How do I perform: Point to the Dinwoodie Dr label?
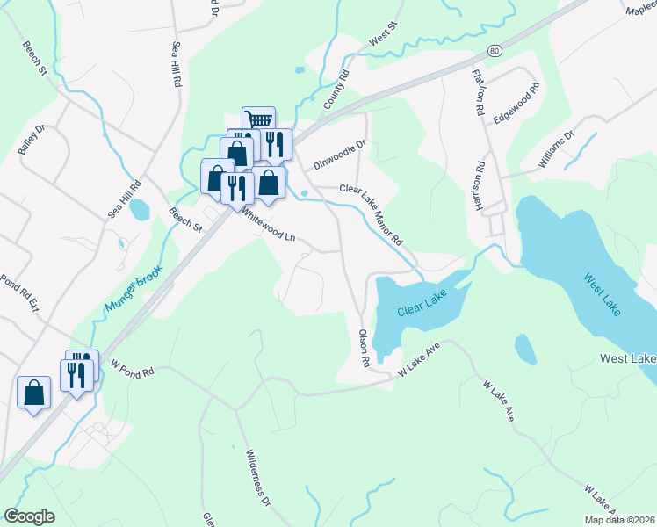pos(338,155)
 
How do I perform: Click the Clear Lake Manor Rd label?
pos(372,215)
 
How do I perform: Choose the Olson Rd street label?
pos(365,348)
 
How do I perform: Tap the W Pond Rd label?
pos(132,367)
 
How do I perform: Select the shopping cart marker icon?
pos(258,119)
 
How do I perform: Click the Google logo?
pos(29,516)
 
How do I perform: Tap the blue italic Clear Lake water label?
pos(422,305)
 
